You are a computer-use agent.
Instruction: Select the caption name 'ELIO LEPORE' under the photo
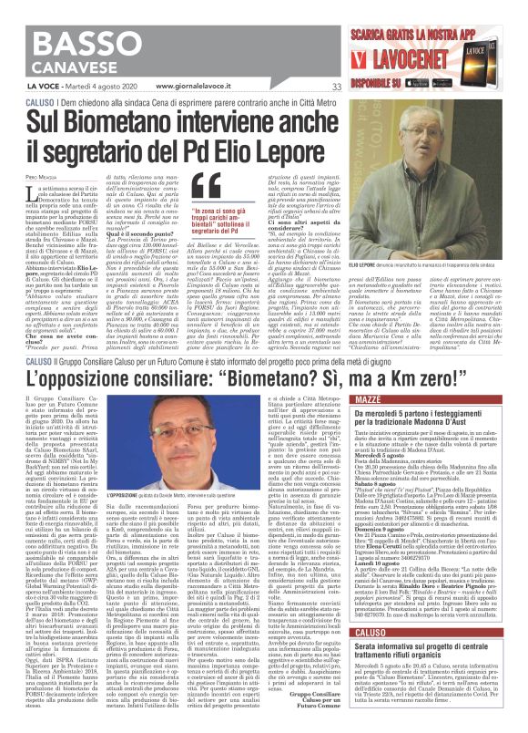click(366, 289)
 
